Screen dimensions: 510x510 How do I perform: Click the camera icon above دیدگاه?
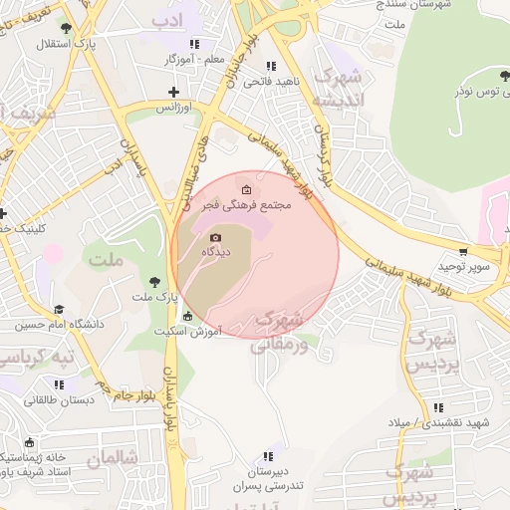coord(216,237)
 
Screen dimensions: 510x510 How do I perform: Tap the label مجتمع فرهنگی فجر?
coord(247,204)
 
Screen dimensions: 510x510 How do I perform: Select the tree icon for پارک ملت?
coord(153,282)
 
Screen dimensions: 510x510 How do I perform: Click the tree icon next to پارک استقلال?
coord(66,30)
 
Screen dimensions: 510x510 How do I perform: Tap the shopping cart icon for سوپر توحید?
coord(463,253)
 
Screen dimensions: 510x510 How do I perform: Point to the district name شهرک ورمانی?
coord(278,333)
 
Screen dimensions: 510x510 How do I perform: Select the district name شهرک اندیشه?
coord(337,89)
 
